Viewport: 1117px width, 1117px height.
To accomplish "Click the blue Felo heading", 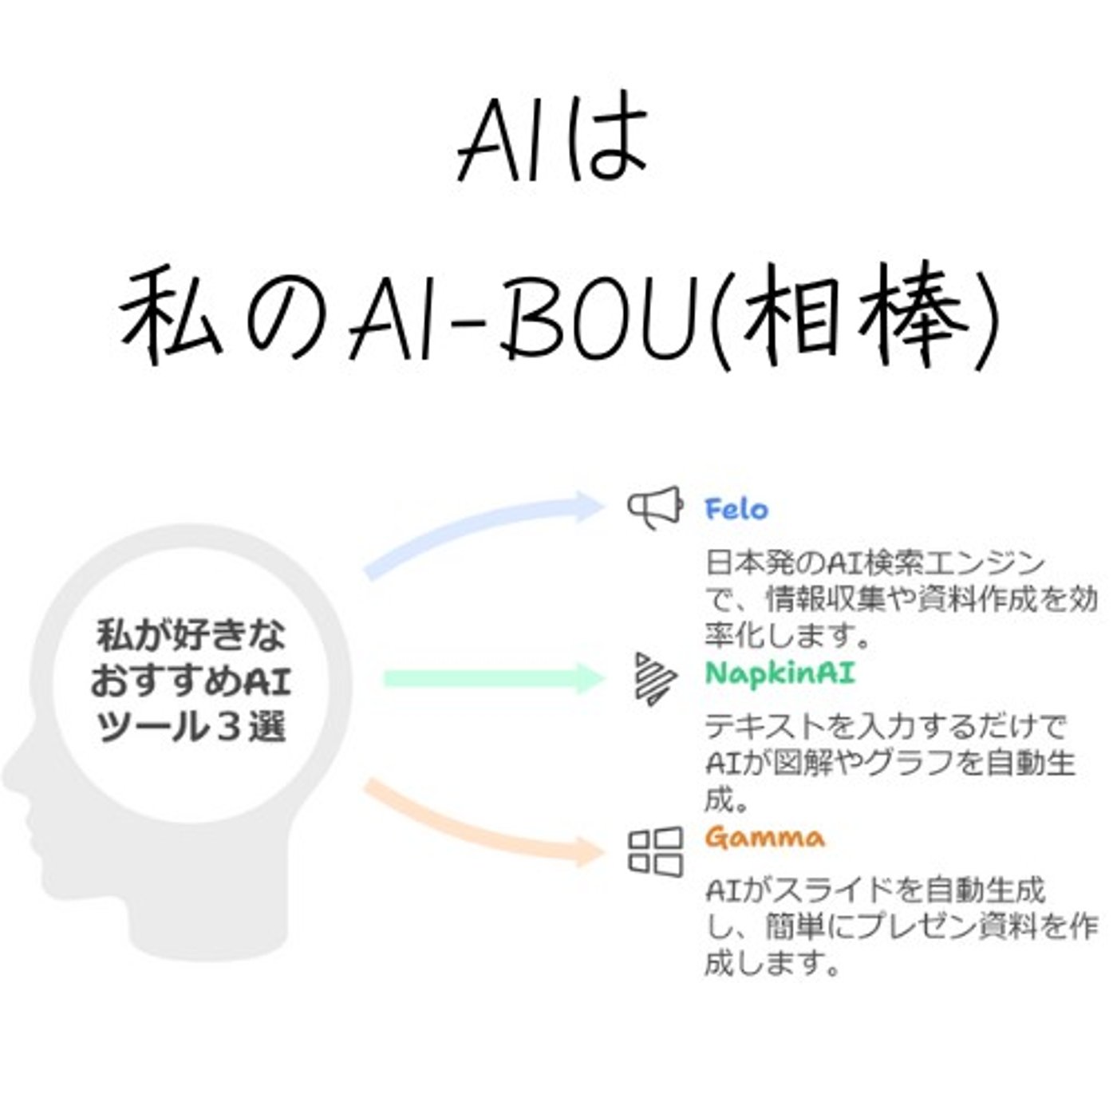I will coord(736,509).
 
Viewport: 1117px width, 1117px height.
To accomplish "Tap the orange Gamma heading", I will coord(764,838).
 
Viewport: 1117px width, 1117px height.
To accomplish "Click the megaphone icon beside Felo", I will coord(655,507).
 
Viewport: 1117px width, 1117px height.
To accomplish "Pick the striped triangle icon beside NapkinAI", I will coord(654,678).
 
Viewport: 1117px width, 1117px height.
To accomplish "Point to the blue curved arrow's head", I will coord(590,506).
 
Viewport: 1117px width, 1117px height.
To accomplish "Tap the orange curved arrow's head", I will coord(590,851).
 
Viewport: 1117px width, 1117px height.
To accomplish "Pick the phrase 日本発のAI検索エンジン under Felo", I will coord(874,563).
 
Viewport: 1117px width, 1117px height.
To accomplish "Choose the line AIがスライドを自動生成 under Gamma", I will coord(874,890).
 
